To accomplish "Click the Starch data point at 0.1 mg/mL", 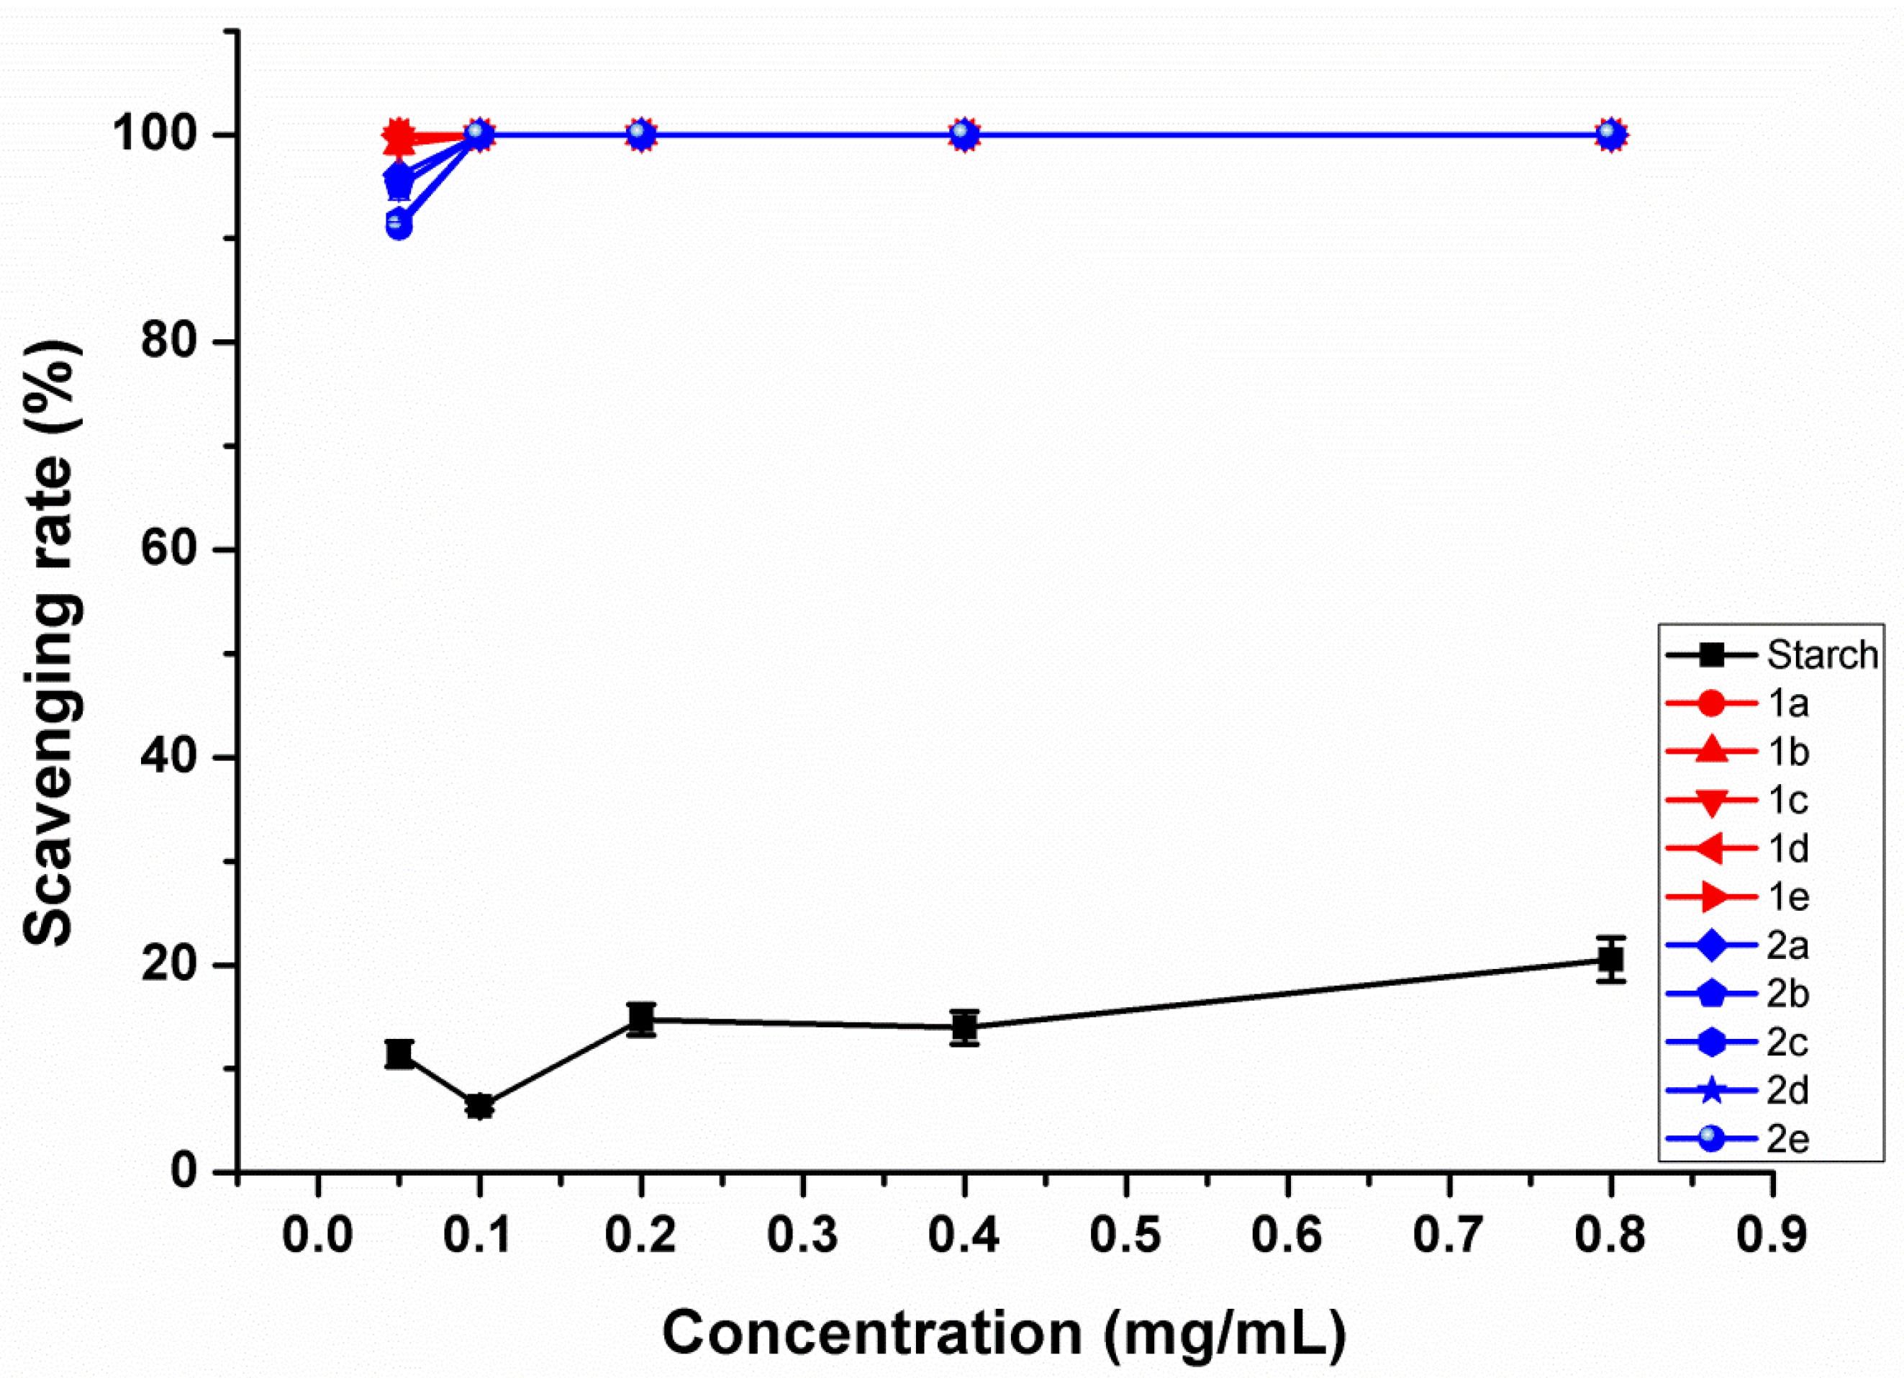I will click(479, 1106).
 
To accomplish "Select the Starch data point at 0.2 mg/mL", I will click(641, 1019).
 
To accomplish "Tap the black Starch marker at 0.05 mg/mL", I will click(399, 1053).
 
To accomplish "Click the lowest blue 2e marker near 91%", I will click(399, 225).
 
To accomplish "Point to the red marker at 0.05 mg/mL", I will click(399, 136).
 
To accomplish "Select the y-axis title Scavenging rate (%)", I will click(52, 642).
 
